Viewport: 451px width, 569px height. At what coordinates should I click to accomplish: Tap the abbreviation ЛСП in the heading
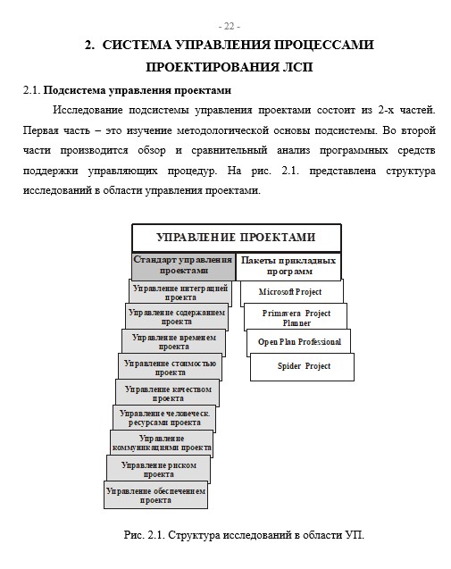296,67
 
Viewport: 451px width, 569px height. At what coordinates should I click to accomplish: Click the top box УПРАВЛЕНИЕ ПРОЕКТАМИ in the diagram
236,238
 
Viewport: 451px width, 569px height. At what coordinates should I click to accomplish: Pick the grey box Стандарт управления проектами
183,265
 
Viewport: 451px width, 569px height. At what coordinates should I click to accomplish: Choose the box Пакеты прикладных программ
289,265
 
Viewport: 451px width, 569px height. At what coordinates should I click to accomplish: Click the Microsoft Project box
290,292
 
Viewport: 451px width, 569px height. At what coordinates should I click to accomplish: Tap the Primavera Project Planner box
296,318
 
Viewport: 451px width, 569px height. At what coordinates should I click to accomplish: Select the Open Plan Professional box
299,342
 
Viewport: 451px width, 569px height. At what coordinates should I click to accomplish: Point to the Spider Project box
304,366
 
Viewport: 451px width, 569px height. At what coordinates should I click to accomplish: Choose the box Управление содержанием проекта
177,317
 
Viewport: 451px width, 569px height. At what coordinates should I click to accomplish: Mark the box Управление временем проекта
174,342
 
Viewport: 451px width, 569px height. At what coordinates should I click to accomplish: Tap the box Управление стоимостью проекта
171,367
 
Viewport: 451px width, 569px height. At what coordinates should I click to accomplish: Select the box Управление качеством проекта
167,393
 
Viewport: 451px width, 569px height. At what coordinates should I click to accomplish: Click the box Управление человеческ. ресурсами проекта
164,418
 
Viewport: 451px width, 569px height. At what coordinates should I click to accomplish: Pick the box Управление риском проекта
159,469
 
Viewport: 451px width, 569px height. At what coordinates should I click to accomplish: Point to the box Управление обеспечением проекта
156,495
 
